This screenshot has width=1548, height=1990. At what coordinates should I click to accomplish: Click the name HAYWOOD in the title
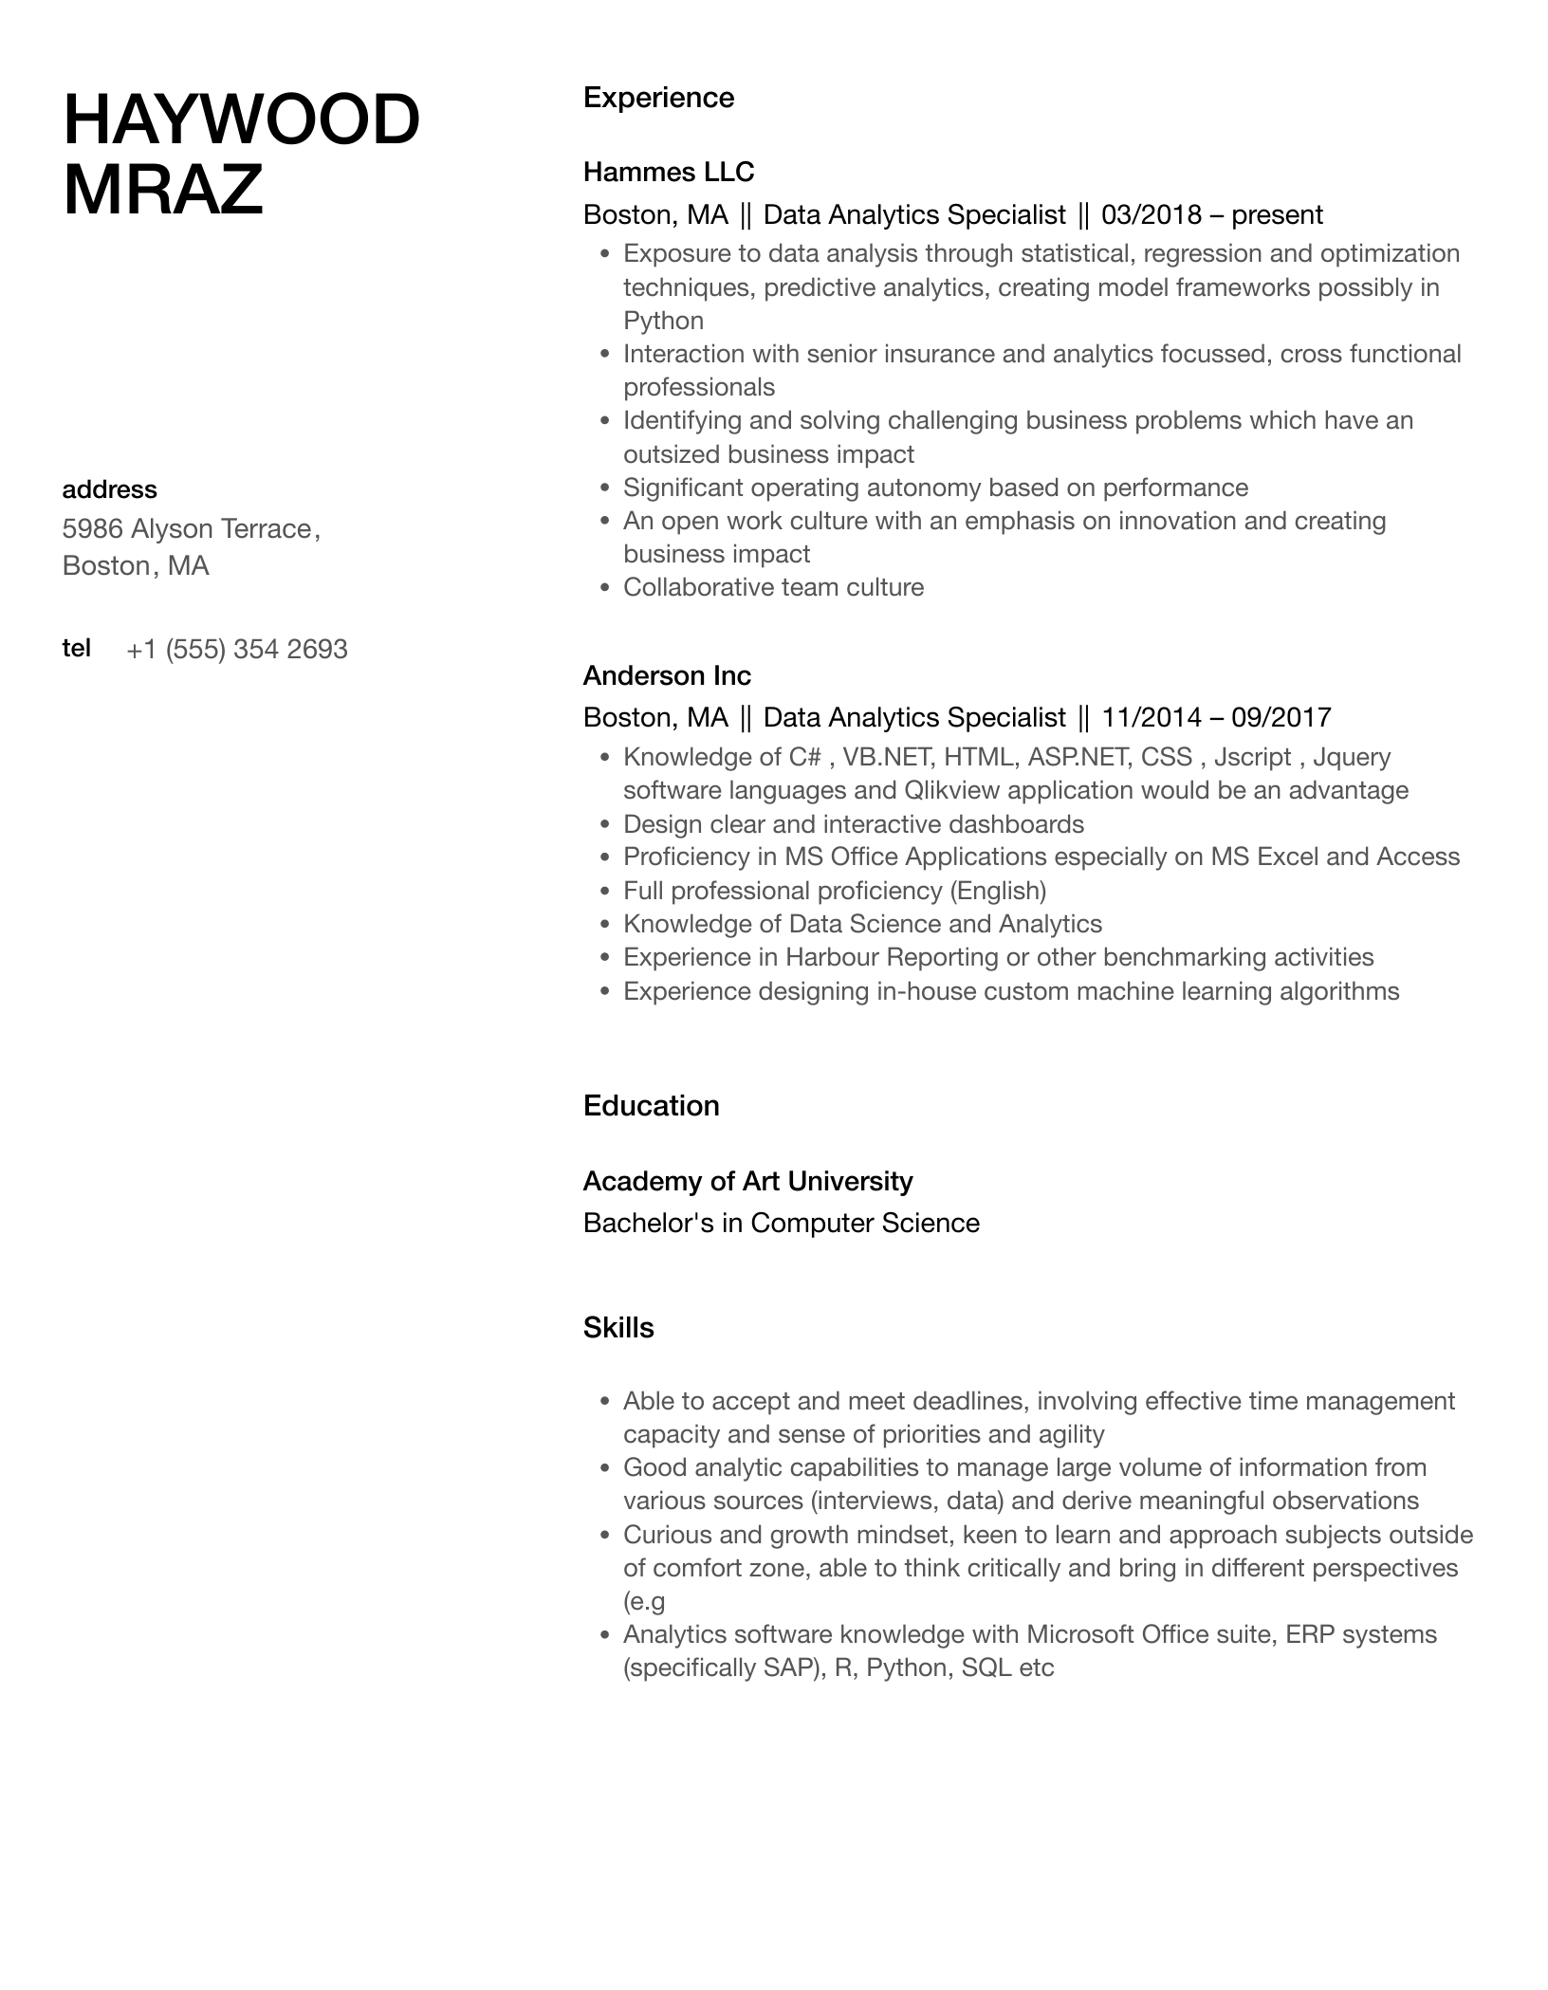[x=241, y=120]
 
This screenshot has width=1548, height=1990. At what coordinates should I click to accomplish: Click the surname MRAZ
[x=162, y=190]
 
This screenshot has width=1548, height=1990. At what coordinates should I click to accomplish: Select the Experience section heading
[x=658, y=98]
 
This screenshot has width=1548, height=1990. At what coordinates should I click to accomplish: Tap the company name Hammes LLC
[x=668, y=172]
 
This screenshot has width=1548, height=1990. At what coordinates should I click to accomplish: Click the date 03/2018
[x=1152, y=215]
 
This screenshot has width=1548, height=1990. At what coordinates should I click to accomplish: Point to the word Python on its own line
[x=663, y=321]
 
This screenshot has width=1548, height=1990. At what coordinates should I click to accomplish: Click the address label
[x=109, y=489]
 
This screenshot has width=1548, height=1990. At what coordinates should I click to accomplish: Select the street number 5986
[x=92, y=528]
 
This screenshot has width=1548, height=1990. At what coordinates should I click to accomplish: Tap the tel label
[x=76, y=648]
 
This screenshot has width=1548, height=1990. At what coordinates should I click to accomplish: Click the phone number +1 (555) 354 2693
[x=237, y=650]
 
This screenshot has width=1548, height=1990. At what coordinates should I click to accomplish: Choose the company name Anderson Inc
[x=667, y=675]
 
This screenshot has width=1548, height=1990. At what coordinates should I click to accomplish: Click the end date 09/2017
[x=1281, y=717]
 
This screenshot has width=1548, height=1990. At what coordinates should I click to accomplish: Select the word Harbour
[x=833, y=957]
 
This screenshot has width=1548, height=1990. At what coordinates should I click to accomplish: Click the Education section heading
[x=651, y=1106]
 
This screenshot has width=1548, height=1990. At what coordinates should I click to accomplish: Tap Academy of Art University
[x=747, y=1181]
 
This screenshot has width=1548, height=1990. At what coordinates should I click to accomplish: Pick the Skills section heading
[x=618, y=1328]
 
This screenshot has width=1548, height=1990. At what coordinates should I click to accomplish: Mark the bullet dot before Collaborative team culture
[x=604, y=588]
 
